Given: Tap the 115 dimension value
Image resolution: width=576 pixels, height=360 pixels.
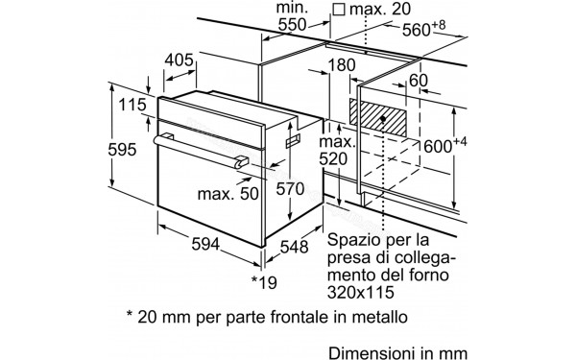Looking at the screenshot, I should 129,105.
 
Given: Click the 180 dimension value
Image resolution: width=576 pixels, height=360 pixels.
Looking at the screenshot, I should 342,65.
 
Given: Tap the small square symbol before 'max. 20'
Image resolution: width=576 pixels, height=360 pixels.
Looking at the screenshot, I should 338,10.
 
